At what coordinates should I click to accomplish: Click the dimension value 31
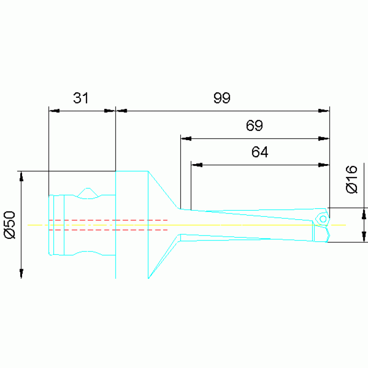[x=81, y=98]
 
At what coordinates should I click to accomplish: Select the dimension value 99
[x=222, y=98]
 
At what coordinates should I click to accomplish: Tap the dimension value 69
[x=254, y=126]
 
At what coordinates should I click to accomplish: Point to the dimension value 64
[x=260, y=152]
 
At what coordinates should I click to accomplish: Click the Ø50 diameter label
[x=10, y=225]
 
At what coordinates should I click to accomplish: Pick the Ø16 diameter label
[x=352, y=179]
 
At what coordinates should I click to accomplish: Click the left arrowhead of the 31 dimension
[x=54, y=111]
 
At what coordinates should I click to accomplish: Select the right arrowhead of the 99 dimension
[x=325, y=111]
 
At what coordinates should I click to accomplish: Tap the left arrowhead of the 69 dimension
[x=186, y=139]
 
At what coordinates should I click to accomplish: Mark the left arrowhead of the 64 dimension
[x=196, y=165]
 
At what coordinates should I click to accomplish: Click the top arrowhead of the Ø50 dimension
[x=21, y=177]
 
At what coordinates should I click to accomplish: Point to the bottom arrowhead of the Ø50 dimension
[x=21, y=273]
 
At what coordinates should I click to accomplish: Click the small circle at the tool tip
[x=323, y=219]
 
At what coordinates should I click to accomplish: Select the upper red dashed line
[x=108, y=220]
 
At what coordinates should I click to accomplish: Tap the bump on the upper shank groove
[x=88, y=190]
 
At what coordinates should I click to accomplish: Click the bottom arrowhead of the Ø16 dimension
[x=364, y=237]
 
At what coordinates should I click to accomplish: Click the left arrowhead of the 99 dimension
[x=121, y=111]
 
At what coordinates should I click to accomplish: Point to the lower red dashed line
[x=108, y=230]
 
